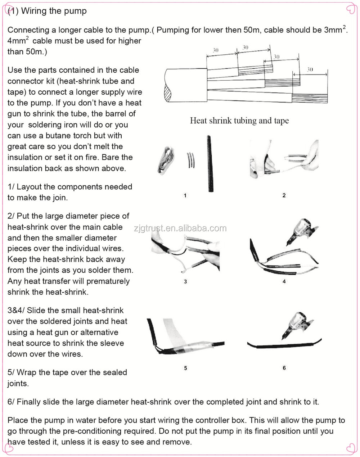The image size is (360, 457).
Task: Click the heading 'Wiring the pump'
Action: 54,11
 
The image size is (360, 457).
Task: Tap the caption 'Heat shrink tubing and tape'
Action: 239,121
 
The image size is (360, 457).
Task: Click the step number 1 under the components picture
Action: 185,195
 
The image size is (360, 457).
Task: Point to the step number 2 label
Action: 284,195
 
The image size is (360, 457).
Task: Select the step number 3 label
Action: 185,281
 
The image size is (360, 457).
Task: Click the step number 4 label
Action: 284,281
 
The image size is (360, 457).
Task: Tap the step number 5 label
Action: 185,368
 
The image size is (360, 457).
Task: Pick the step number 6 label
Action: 284,368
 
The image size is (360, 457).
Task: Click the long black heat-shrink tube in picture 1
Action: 210,164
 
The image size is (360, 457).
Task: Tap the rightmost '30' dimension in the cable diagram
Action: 310,69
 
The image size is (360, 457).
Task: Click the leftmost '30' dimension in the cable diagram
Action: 215,50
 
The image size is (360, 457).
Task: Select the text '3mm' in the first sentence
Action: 333,30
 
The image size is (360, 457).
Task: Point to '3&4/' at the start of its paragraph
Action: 16,310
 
